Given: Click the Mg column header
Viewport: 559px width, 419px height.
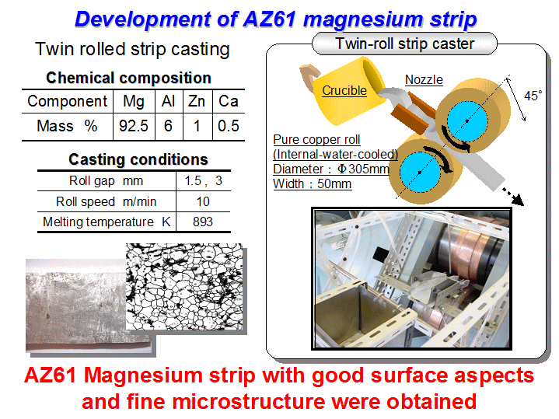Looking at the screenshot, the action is point(134,101).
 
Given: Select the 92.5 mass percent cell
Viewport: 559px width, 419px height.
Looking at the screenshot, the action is point(134,126).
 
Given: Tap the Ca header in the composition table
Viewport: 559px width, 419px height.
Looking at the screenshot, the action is point(228,101).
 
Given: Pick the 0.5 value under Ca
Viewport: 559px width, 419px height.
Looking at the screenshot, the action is point(228,126).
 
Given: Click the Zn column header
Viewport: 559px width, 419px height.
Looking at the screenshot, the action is point(197,101).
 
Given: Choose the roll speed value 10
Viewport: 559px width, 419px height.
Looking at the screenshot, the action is point(203,202).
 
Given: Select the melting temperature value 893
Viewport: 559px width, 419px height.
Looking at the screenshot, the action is point(203,222).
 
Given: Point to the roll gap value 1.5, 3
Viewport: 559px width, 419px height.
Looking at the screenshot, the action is point(203,181).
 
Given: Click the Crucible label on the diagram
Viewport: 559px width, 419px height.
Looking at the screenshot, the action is point(344,91).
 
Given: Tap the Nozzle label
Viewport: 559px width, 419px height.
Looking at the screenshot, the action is point(424,79).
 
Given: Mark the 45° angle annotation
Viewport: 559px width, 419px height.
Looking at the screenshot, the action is point(533,96).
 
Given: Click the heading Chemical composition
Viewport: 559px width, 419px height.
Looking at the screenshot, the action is point(129,78).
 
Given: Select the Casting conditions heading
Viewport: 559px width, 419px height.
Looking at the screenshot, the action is point(138,159).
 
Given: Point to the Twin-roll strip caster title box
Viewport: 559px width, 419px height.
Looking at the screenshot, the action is point(404,44).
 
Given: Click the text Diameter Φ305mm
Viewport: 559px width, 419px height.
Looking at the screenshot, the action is point(331,169).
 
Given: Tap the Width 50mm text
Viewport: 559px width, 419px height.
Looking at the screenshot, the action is point(313,184).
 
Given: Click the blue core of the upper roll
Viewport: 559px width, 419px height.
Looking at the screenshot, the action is point(467,121).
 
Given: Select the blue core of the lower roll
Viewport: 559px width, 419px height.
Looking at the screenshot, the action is point(420,173).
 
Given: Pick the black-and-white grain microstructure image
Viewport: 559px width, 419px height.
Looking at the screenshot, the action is point(184,286).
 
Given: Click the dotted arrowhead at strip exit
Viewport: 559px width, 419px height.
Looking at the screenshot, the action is point(518,200).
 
